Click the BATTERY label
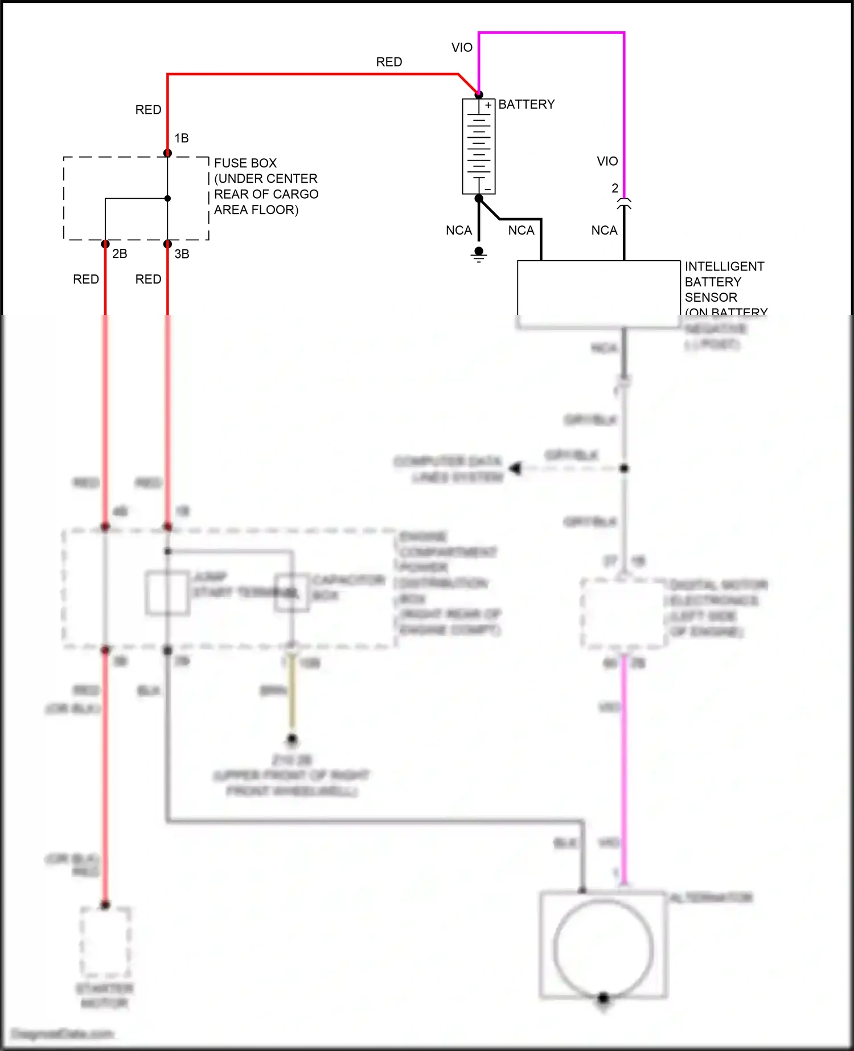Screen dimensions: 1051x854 click(526, 105)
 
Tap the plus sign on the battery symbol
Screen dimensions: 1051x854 click(488, 105)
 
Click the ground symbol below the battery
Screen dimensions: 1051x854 click(479, 256)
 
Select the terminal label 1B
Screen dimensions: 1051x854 click(182, 138)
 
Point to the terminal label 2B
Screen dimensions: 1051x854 click(120, 254)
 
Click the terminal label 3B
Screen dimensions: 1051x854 click(182, 254)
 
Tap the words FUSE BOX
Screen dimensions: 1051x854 click(245, 163)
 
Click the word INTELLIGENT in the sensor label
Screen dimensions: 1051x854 click(724, 266)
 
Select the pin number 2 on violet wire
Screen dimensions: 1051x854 click(615, 188)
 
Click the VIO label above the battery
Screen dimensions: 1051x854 click(462, 48)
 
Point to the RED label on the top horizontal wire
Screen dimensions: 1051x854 click(389, 62)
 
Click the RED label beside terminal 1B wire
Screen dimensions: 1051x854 click(148, 110)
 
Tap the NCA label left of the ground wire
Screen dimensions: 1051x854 click(459, 231)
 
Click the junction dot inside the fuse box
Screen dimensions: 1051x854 click(167, 199)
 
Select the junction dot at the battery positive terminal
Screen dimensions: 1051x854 click(479, 95)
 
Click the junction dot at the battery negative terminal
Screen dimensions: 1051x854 click(479, 198)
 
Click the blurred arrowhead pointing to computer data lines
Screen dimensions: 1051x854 click(516, 469)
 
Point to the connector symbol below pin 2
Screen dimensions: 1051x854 click(624, 204)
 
